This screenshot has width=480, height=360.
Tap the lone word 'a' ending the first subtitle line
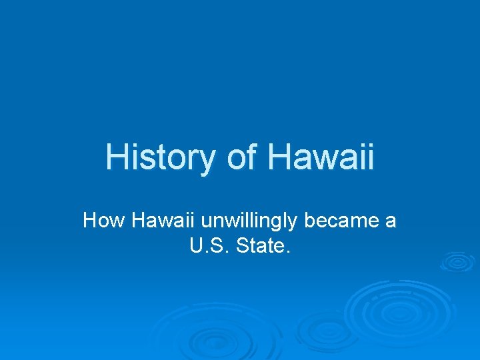391,221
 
